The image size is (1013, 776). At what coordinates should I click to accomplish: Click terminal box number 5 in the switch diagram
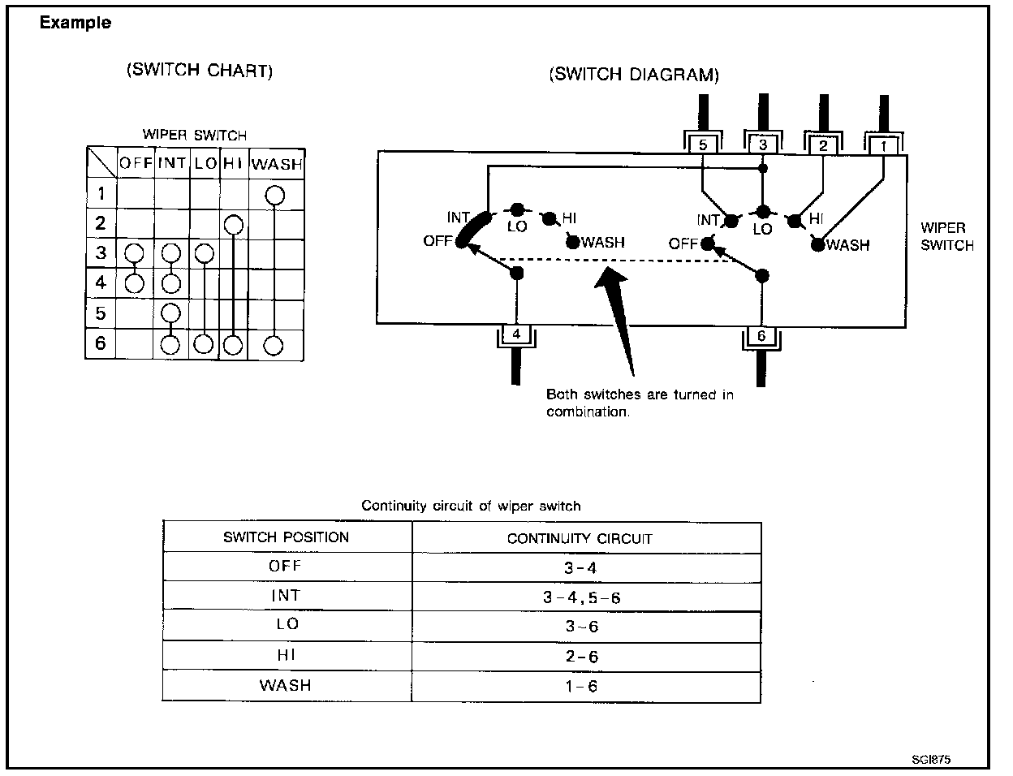[x=703, y=146]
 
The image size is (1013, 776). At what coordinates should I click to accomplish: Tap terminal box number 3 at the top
[x=762, y=145]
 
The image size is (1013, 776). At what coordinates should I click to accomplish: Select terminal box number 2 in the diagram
[x=823, y=146]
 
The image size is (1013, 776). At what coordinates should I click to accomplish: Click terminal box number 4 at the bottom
[x=516, y=333]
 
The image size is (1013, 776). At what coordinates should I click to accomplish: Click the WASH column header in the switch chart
[x=276, y=163]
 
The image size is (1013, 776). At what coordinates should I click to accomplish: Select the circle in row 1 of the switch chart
[x=275, y=194]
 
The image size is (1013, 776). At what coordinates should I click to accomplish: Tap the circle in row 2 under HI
[x=234, y=224]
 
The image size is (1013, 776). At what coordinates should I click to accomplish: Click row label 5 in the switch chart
[x=101, y=313]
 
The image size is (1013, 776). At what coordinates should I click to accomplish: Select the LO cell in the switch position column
[x=287, y=625]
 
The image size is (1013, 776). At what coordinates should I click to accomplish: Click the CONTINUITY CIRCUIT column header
[x=580, y=538]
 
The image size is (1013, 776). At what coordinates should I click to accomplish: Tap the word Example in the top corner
[x=75, y=24]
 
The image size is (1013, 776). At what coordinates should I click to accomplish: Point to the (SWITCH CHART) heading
[x=200, y=71]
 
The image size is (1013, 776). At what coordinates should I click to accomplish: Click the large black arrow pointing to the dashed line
[x=619, y=317]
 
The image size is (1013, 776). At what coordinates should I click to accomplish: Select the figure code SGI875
[x=930, y=760]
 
